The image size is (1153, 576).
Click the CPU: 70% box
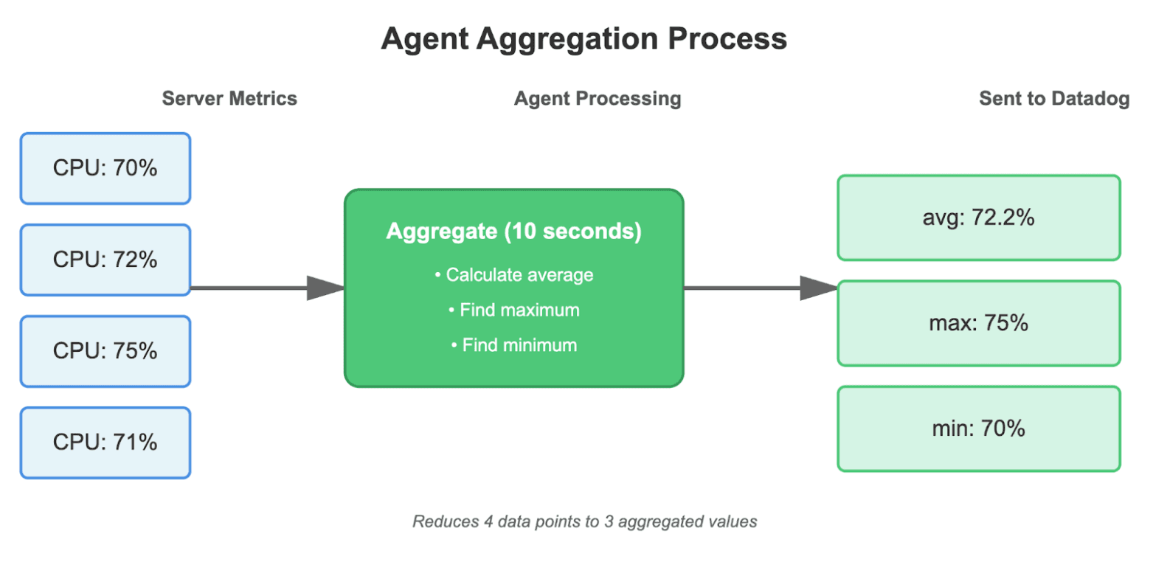[105, 168]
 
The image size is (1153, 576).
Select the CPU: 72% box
[105, 260]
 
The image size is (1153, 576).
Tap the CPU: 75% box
[105, 351]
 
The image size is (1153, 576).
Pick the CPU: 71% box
[105, 443]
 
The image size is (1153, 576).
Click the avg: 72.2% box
[978, 218]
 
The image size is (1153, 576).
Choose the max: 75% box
[978, 323]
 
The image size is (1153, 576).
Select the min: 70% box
[978, 428]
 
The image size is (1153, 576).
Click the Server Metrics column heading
[229, 99]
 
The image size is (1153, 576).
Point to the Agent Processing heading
[597, 99]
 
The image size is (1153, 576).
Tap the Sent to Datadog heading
[1053, 99]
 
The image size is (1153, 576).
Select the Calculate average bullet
[513, 275]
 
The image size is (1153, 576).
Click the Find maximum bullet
[513, 310]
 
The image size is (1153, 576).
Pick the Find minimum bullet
[513, 344]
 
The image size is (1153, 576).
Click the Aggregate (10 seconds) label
[513, 232]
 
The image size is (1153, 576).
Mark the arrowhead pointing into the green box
[325, 288]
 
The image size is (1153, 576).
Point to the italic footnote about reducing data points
[584, 522]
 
